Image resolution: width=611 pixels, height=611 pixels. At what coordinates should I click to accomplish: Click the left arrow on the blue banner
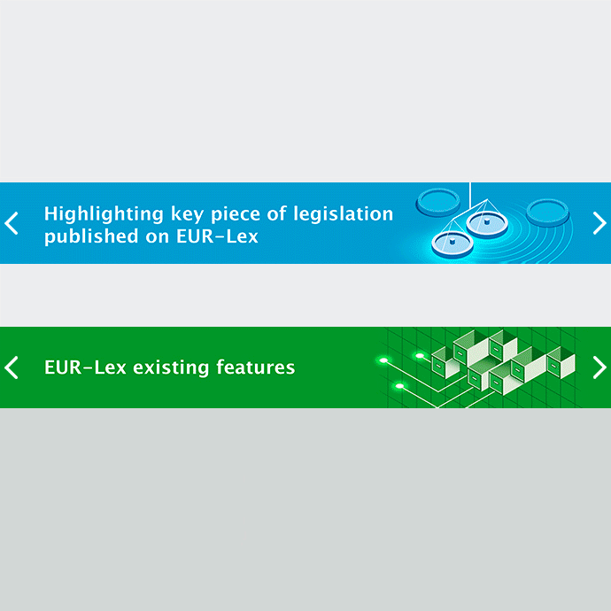click(12, 223)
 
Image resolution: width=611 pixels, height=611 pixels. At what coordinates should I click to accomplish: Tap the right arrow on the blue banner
click(599, 223)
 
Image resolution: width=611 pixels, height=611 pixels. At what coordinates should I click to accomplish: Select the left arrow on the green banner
click(12, 367)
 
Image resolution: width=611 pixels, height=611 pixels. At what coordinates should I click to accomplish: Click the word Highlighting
click(104, 214)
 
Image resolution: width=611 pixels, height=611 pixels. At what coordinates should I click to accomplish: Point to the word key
click(188, 214)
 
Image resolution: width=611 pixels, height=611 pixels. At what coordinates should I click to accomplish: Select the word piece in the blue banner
click(235, 214)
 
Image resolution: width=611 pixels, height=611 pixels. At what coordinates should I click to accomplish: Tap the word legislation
click(344, 214)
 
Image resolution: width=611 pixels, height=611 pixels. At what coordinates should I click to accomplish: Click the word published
click(91, 236)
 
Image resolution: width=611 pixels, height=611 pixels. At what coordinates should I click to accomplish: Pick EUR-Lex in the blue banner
click(217, 236)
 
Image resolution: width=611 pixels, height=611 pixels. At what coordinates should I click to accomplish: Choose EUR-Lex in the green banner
click(85, 367)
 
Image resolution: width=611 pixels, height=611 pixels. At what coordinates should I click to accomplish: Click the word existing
click(171, 368)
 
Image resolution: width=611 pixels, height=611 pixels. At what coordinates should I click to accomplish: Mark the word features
click(255, 367)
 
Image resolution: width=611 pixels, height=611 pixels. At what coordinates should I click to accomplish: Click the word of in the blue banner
click(276, 213)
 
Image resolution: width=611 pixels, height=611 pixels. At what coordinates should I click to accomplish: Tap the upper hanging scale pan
click(487, 224)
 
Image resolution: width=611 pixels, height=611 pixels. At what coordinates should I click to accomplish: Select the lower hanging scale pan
click(452, 244)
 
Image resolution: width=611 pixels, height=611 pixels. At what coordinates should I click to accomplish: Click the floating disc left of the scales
click(438, 203)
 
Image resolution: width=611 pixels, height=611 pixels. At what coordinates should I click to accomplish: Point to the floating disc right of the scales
click(548, 213)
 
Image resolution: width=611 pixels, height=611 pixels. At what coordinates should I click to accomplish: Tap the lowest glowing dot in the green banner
click(399, 386)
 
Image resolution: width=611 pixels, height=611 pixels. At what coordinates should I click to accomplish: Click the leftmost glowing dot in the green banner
click(383, 360)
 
